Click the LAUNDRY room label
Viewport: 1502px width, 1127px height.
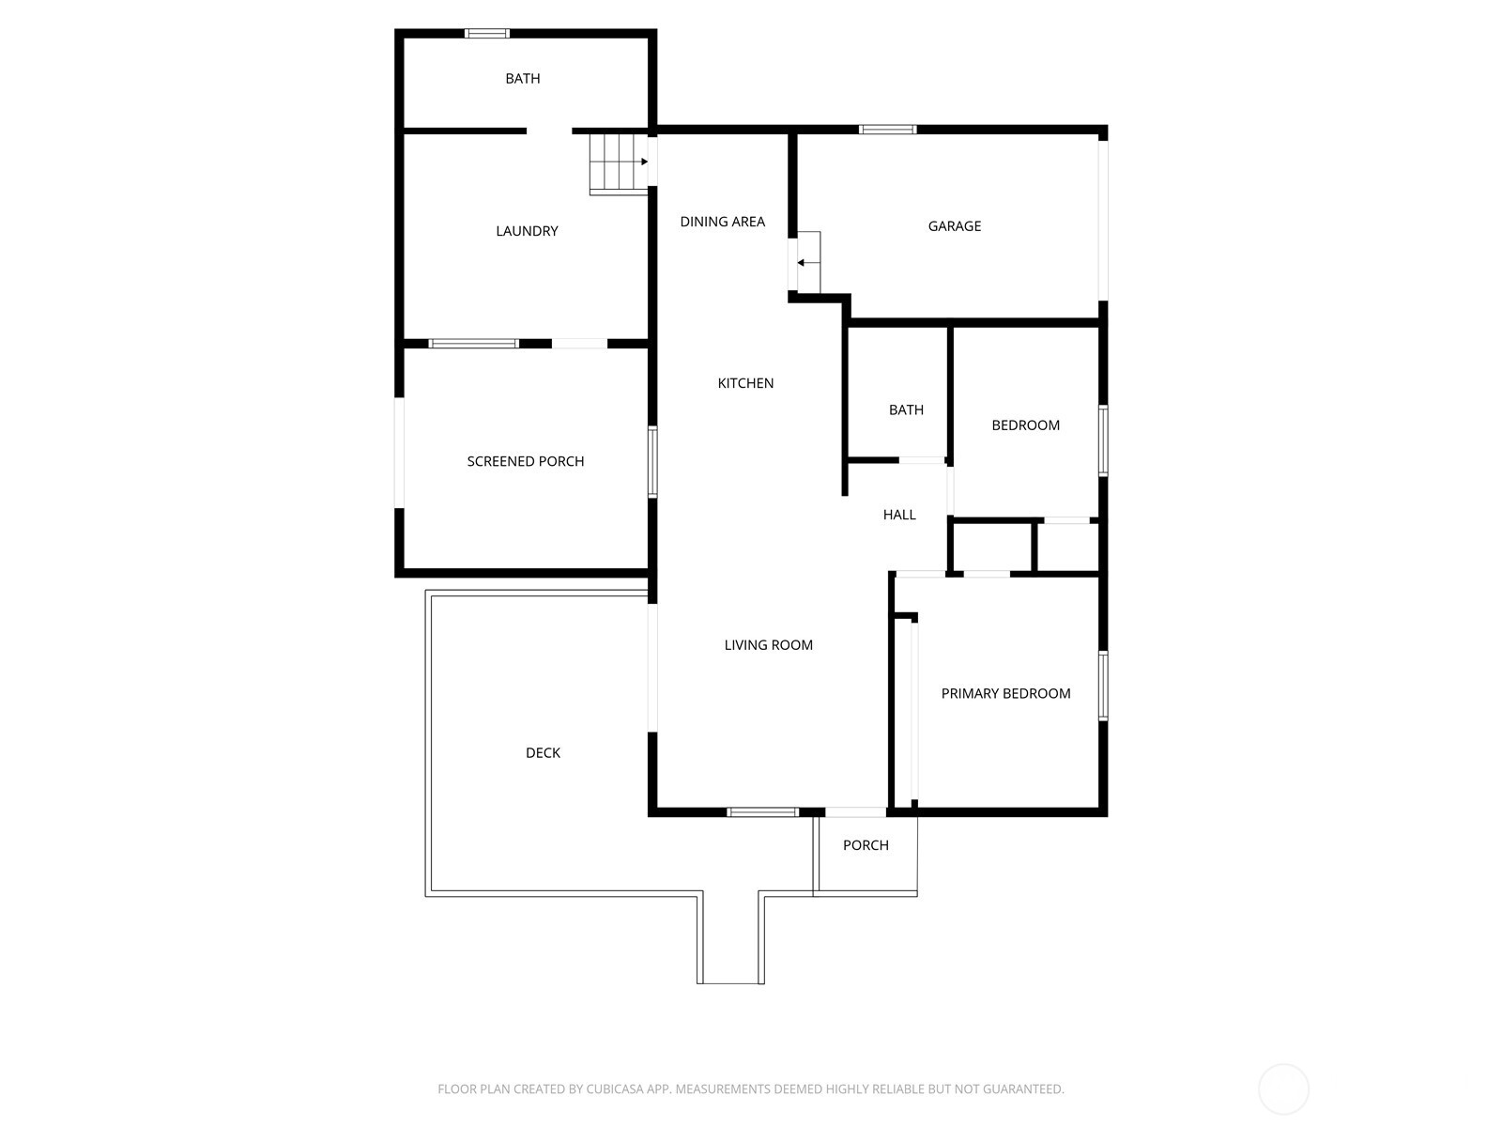tap(527, 231)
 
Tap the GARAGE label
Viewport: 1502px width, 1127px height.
tap(955, 226)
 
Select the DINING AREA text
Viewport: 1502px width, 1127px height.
tap(722, 222)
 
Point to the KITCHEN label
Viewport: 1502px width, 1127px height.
tap(745, 383)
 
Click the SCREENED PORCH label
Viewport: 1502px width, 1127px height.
tap(526, 461)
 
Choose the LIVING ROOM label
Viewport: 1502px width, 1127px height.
tap(768, 645)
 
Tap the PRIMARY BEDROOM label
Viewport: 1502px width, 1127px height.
tap(1005, 694)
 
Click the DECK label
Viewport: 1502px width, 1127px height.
tap(543, 753)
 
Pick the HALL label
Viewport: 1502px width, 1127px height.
tap(899, 515)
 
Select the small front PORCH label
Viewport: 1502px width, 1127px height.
tap(866, 845)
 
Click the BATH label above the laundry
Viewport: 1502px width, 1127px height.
tap(523, 79)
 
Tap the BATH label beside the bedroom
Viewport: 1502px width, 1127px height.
tap(906, 410)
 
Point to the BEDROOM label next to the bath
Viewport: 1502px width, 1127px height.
tap(1025, 425)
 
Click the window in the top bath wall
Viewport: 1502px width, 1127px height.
tap(487, 34)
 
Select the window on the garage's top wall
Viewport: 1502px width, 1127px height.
tap(888, 130)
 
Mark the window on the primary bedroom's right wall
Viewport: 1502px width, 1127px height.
tap(1103, 686)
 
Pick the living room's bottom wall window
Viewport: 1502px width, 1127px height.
tap(762, 812)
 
